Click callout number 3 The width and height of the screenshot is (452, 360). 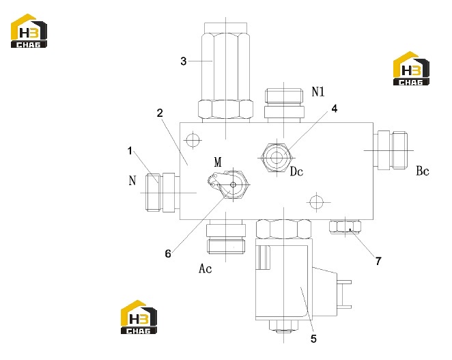tap(184, 61)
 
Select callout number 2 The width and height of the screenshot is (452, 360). tap(160, 113)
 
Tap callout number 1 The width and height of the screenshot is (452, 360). tap(130, 150)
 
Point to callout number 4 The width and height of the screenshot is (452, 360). tap(334, 109)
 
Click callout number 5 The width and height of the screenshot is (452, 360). tap(313, 338)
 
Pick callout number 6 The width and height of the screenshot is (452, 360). tap(168, 253)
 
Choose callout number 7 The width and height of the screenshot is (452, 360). tap(378, 261)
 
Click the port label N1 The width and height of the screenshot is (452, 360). tap(318, 92)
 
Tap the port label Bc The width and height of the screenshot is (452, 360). tap(423, 171)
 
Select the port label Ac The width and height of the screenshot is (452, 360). tap(206, 268)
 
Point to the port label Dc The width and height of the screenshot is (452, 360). tap(296, 171)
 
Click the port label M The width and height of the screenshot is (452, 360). tap(218, 162)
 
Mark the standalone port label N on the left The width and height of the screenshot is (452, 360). tap(132, 180)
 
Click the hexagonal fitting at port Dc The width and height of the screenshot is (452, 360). tap(277, 158)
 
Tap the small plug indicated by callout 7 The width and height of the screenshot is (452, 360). tap(345, 227)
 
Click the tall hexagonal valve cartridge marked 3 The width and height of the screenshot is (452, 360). tap(226, 72)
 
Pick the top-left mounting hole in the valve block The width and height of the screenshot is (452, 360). tap(193, 141)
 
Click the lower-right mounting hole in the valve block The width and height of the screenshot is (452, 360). tap(317, 202)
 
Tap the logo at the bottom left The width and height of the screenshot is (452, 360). tap(139, 317)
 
